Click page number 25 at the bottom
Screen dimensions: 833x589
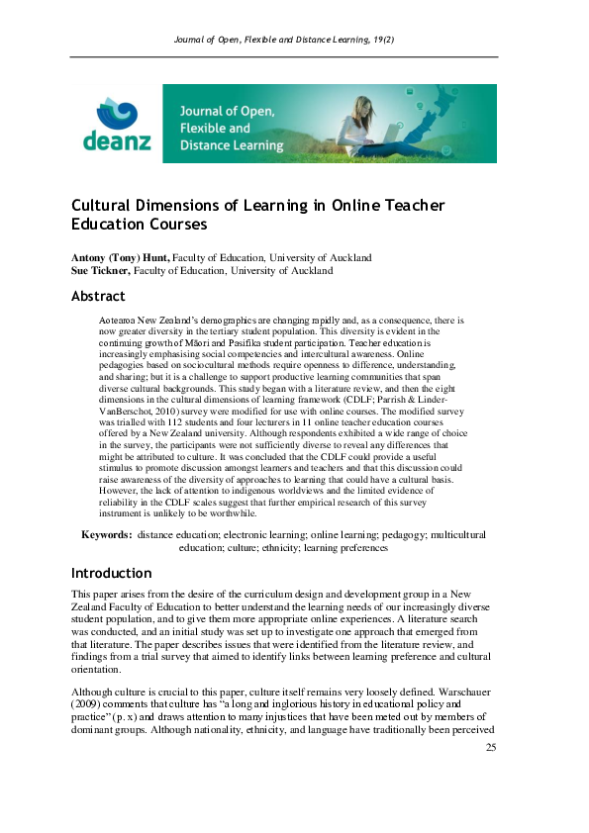tap(490, 775)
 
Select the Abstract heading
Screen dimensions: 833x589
tap(98, 296)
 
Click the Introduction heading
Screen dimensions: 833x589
tap(111, 573)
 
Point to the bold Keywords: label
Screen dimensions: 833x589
tap(106, 534)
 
